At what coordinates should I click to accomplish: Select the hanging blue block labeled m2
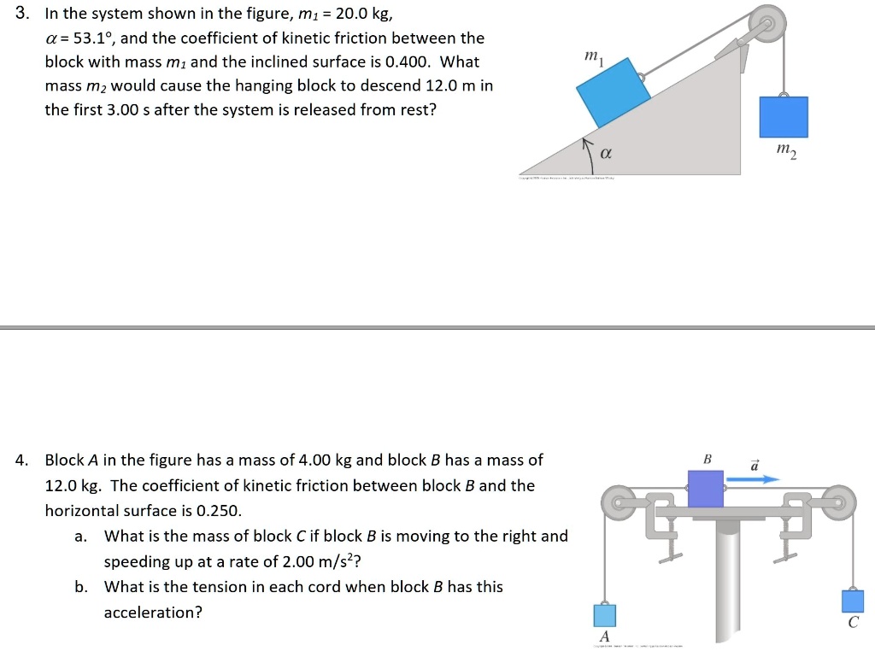784,117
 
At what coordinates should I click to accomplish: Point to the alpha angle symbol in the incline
606,154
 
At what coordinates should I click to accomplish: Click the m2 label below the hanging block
786,151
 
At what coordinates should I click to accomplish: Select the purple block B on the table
706,489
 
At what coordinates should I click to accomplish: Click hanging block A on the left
605,615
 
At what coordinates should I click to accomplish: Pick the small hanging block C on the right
853,601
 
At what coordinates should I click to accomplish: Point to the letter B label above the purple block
707,460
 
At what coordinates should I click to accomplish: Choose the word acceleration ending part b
153,613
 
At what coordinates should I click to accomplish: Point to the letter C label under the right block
853,623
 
